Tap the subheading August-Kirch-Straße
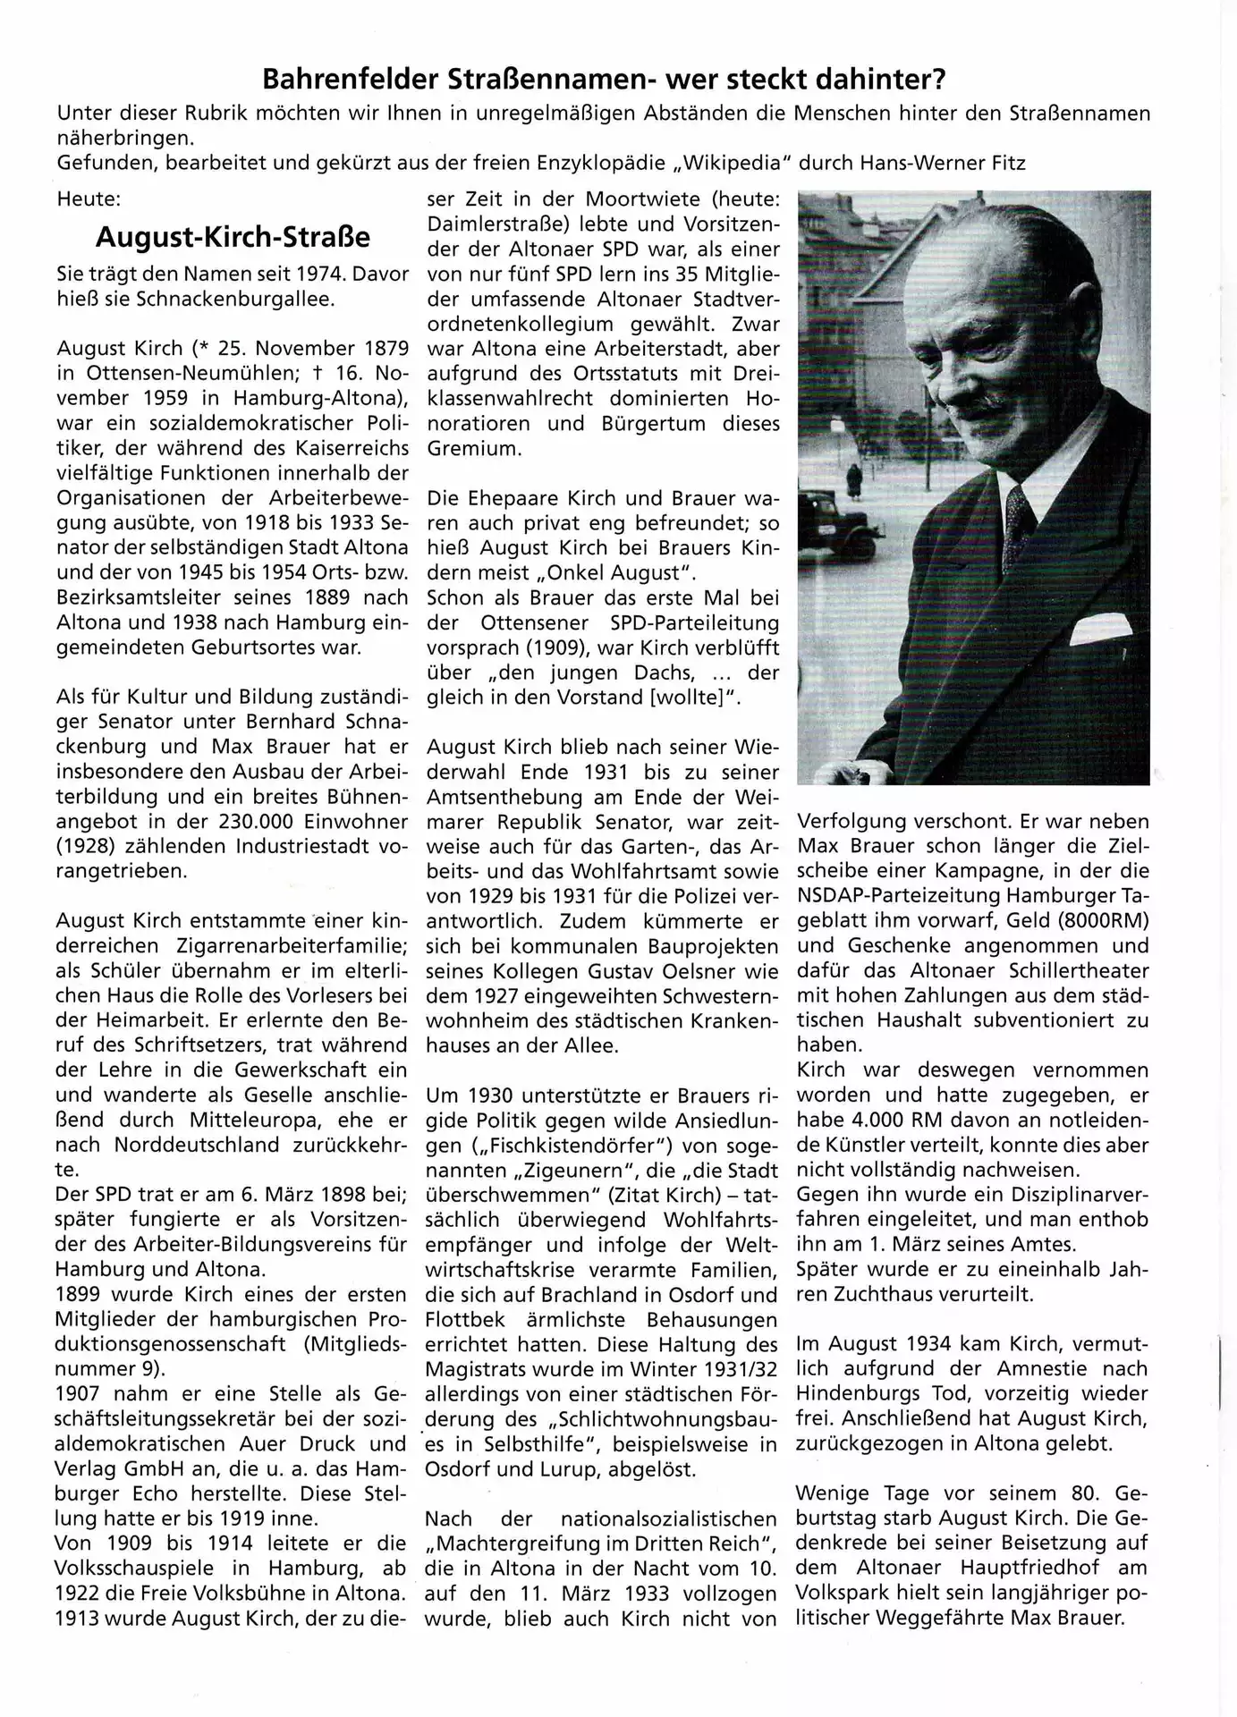click(x=233, y=237)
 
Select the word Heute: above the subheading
click(x=88, y=199)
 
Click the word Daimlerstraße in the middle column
click(x=493, y=224)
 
